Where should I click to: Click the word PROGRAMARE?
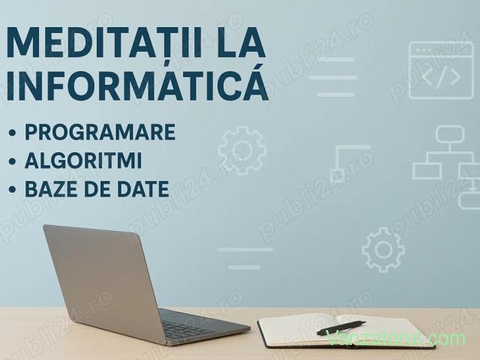(100, 132)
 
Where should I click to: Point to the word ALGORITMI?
(83, 160)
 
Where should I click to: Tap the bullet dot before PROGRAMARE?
(12, 133)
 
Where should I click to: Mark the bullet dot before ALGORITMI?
(12, 161)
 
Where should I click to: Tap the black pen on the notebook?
(341, 328)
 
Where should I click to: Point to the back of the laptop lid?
(103, 280)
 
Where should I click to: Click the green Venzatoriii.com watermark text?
(395, 338)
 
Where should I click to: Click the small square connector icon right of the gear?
(337, 175)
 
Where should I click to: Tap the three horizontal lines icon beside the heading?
(334, 77)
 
